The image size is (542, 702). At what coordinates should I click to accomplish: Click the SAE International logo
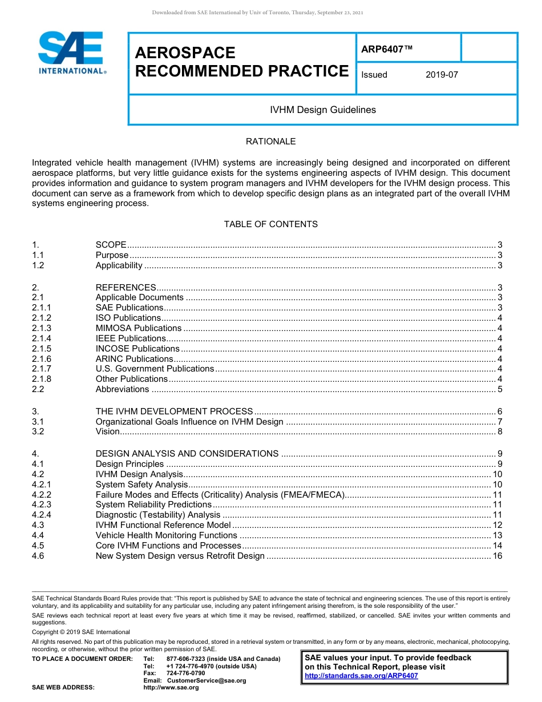click(x=71, y=53)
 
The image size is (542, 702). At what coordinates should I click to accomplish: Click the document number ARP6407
click(x=386, y=49)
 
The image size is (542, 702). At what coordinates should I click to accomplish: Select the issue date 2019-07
click(x=442, y=75)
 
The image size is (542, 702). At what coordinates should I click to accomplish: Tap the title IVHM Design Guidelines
click(x=322, y=110)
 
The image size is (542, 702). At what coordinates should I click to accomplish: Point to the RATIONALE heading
click(x=270, y=142)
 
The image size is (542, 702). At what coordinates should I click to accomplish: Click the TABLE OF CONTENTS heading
click(x=270, y=224)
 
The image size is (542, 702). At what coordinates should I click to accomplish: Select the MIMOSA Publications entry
click(x=139, y=328)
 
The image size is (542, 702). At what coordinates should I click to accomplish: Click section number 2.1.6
click(x=42, y=359)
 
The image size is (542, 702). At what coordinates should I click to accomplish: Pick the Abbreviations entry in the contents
click(x=122, y=389)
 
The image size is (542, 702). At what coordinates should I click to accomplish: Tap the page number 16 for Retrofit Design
click(x=497, y=556)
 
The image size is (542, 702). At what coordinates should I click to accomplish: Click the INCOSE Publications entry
click(x=137, y=349)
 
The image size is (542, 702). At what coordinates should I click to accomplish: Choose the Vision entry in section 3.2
click(x=107, y=431)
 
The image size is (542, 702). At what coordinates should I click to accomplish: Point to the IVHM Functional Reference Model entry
click(x=163, y=525)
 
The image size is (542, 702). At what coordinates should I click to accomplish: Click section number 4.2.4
click(x=42, y=515)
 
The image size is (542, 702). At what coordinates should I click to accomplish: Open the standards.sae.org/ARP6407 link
click(x=361, y=676)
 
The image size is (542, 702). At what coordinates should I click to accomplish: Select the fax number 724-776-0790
click(x=185, y=673)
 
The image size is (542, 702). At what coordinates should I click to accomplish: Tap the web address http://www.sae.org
click(x=171, y=688)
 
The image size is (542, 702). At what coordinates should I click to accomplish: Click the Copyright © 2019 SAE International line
click(x=81, y=632)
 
